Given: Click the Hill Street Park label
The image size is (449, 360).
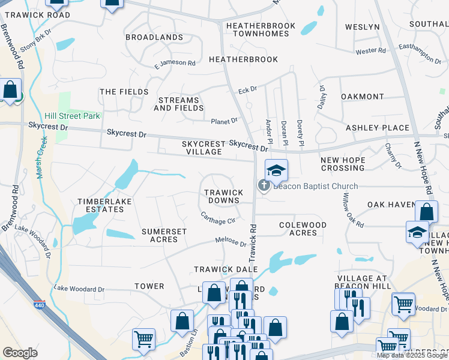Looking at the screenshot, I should coord(72,116).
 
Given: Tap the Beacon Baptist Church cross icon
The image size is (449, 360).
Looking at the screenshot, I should coord(264,186).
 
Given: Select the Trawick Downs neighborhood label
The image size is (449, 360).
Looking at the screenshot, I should coord(223,196).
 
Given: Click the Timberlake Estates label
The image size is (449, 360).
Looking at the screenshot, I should coord(100,206).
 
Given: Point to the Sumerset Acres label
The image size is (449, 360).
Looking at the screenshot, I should coord(164,235).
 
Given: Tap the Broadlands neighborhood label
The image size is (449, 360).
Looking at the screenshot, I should coord(154,37).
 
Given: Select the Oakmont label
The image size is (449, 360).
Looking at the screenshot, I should coord(362,97).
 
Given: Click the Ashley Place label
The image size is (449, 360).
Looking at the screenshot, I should coord(378,128).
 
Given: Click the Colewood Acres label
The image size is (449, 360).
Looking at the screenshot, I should coord(303,229).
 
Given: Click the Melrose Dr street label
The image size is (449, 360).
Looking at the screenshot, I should coord(231,242).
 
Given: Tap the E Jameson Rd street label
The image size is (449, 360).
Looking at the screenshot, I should coord(175,63).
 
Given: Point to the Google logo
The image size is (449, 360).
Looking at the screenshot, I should coord(20,353).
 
